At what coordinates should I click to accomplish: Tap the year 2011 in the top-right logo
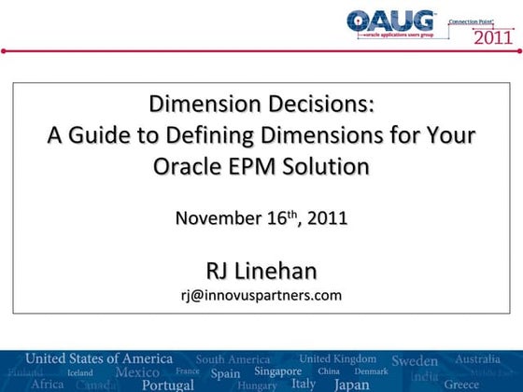pyautogui.click(x=493, y=38)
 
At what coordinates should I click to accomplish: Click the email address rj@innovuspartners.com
pyautogui.click(x=261, y=295)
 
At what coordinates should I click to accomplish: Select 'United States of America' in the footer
pyautogui.click(x=98, y=358)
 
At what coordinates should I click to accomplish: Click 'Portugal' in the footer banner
pyautogui.click(x=168, y=384)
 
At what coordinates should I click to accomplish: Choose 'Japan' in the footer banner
pyautogui.click(x=351, y=384)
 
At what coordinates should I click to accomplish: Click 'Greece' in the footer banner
pyautogui.click(x=461, y=384)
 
